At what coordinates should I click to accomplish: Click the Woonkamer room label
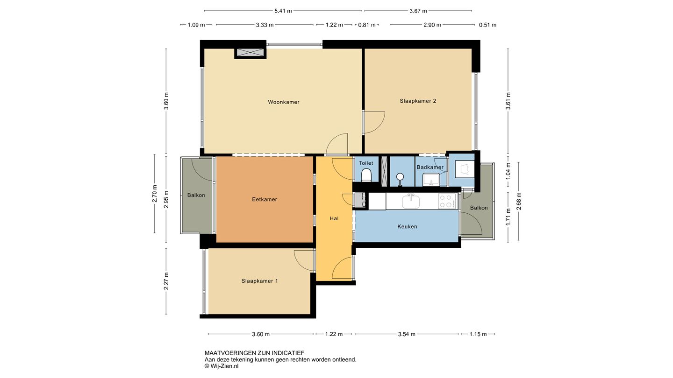tap(283, 102)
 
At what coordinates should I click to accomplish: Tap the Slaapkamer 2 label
tap(418, 101)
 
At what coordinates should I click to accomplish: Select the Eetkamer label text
tap(265, 199)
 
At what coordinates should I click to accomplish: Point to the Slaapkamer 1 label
tap(259, 281)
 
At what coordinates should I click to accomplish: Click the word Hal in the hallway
tap(334, 218)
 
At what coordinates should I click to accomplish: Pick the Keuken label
tap(407, 226)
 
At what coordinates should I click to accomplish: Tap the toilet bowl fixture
tap(366, 175)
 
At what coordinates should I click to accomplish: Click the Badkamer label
tap(430, 167)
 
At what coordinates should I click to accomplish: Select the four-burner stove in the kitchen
tap(446, 201)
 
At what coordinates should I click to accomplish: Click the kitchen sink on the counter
tap(411, 201)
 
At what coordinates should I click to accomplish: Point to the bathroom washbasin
tap(431, 180)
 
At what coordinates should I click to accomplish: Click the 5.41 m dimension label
tap(283, 11)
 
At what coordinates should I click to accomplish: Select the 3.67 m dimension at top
tap(418, 11)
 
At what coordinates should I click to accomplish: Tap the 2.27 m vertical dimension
tap(166, 281)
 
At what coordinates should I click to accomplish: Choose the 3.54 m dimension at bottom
tap(407, 334)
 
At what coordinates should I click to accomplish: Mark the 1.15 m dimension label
tap(478, 334)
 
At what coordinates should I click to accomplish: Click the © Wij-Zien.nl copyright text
tap(222, 366)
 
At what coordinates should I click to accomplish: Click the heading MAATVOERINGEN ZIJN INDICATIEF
tap(254, 353)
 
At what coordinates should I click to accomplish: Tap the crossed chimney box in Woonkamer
tap(250, 52)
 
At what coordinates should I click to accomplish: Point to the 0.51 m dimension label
tap(487, 25)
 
